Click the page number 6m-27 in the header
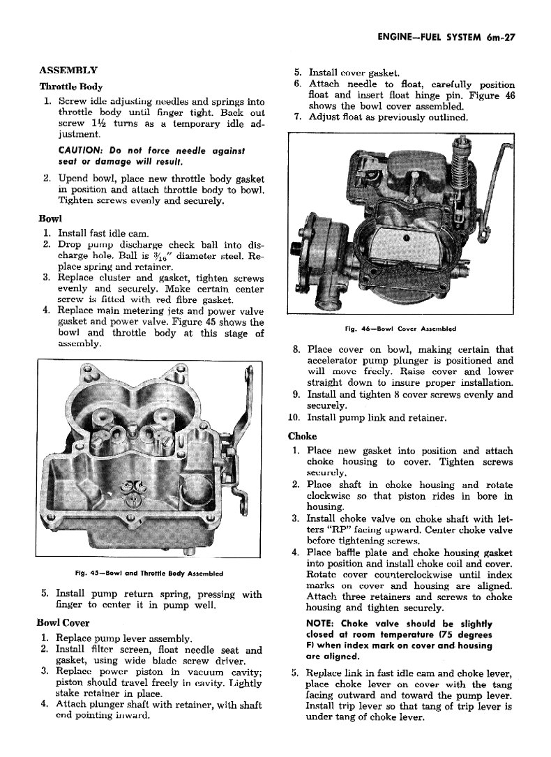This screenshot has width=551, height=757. point(497,39)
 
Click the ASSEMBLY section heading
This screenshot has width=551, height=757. point(68,70)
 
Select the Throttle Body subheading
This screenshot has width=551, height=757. point(71,87)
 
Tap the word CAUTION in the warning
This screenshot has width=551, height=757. point(80,151)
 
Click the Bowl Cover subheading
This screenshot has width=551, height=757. point(63,622)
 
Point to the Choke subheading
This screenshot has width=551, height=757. point(302,436)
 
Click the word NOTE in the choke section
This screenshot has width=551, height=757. point(320,623)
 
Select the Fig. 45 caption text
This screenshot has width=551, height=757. point(152,574)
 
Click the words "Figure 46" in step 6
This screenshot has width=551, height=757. point(492,96)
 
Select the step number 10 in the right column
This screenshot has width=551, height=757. point(294,418)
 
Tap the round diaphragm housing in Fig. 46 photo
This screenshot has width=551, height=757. point(322,248)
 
